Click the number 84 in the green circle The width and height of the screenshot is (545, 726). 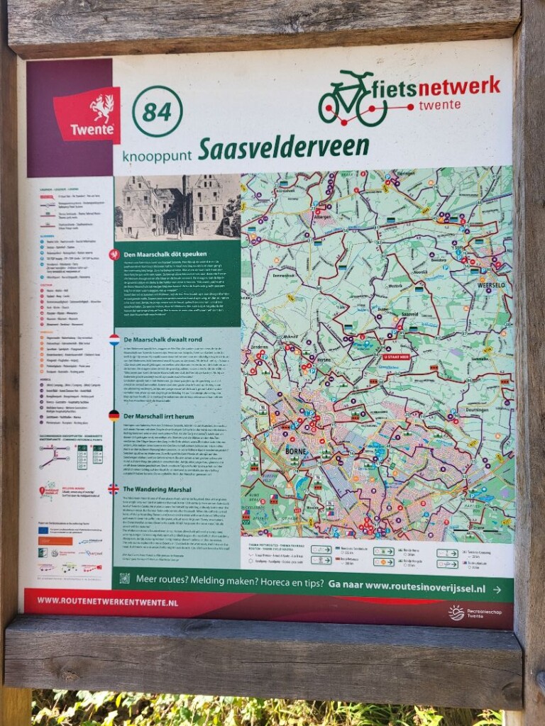coord(157,111)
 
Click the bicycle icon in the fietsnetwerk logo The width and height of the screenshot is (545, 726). coord(352,101)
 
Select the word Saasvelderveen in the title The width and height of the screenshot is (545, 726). coord(283,147)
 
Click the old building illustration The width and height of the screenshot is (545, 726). coord(177,206)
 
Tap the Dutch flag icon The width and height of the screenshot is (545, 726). coord(114,340)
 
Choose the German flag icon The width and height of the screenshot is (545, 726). coord(114,415)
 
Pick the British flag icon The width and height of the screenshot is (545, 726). coord(114,488)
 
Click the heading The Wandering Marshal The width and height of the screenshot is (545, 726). coord(158,488)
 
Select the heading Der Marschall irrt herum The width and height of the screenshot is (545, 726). coord(160,415)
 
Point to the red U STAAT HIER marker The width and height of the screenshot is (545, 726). coord(397,357)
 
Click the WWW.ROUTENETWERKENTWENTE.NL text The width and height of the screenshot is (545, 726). coord(107,601)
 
